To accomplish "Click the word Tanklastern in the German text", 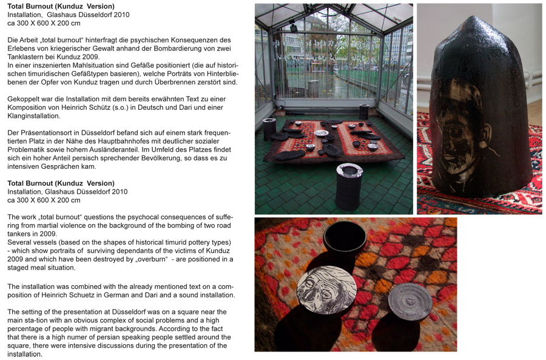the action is tap(25, 57).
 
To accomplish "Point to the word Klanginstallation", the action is tap(33, 116).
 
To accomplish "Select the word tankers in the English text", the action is tap(19, 234).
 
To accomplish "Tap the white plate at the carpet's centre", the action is tap(321, 133).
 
